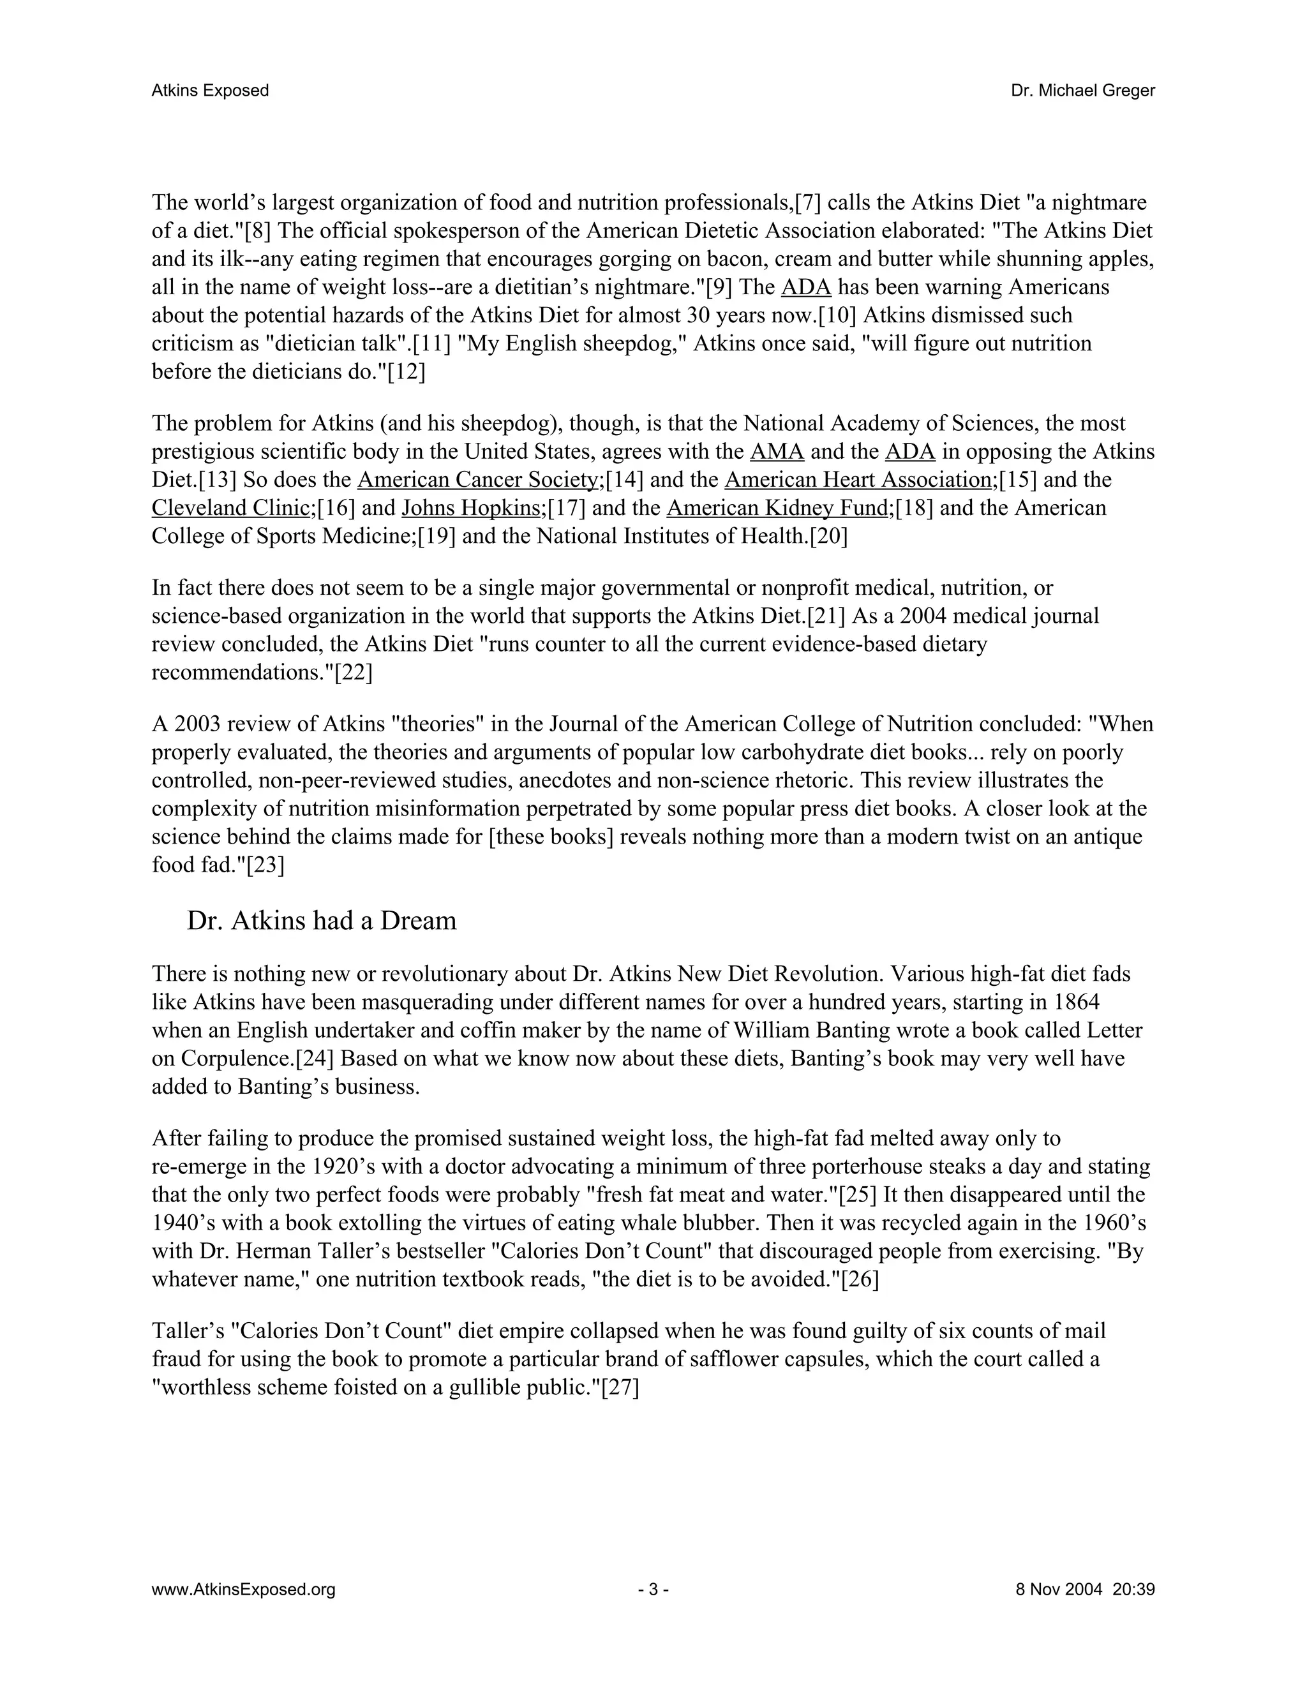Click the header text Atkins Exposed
(x=210, y=91)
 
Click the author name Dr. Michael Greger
(x=1082, y=91)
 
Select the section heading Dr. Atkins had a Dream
(x=322, y=921)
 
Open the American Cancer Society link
(x=478, y=480)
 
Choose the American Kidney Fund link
(x=777, y=508)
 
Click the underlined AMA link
(x=777, y=451)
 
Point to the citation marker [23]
(x=265, y=865)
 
